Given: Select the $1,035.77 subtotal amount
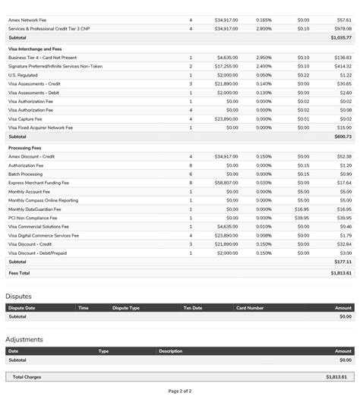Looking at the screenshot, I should (x=341, y=37).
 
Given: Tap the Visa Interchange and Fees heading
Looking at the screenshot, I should (x=35, y=49).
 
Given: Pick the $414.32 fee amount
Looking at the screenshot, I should (x=341, y=66).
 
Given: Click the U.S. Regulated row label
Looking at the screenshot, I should (x=23, y=75).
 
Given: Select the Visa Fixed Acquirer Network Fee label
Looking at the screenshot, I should (x=40, y=127).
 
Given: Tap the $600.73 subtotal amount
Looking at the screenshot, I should (x=343, y=137).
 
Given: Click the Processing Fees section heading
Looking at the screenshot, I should (x=25, y=147).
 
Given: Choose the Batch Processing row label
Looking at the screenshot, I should (x=25, y=174).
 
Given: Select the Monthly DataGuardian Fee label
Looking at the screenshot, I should (x=37, y=209).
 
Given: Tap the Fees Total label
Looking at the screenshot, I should (x=19, y=272).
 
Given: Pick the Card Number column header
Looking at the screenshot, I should (x=250, y=308).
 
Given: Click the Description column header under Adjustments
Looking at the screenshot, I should (x=171, y=351).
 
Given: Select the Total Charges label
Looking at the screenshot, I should (x=27, y=376).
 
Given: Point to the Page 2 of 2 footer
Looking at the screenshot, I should (x=180, y=391).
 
